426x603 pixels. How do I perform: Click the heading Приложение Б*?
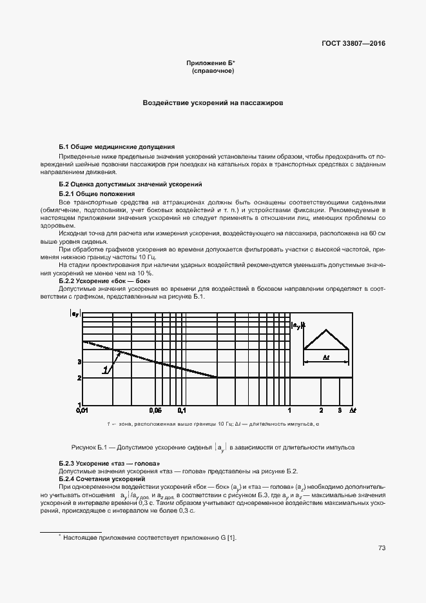coord(211,63)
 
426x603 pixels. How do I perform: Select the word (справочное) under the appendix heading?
coord(213,70)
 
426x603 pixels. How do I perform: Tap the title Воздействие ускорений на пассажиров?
coord(213,103)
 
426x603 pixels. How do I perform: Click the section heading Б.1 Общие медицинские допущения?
coord(117,147)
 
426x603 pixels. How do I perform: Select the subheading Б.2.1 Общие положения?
coord(97,193)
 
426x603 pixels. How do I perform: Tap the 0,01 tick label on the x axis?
coord(82,410)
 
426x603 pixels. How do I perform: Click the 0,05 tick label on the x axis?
coord(155,410)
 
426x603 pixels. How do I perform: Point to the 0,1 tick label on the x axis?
coord(182,410)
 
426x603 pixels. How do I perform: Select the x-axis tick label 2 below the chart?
coord(321,410)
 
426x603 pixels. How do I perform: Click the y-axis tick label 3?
coord(79,362)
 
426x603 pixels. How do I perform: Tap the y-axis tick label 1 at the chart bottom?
coord(79,404)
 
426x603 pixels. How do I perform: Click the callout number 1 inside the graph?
coord(104,370)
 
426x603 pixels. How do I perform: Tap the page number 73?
coord(382,548)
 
